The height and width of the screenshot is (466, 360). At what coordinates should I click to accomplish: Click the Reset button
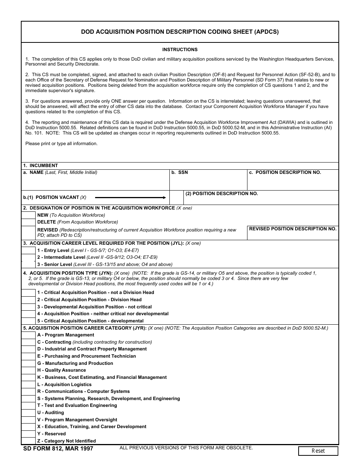pyautogui.click(x=318, y=451)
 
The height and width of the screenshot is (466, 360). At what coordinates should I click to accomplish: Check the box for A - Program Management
pyautogui.click(x=28, y=335)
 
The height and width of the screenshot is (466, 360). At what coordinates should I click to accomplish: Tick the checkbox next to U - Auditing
pyautogui.click(x=28, y=413)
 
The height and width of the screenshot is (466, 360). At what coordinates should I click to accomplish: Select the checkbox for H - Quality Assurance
pyautogui.click(x=28, y=370)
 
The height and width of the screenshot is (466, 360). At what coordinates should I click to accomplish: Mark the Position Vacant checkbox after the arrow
pyautogui.click(x=177, y=197)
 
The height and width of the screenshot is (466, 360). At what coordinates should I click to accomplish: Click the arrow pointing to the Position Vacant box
pyautogui.click(x=130, y=197)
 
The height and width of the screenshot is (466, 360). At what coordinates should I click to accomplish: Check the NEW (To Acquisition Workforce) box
pyautogui.click(x=28, y=215)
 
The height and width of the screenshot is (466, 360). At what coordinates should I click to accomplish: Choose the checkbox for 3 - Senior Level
pyautogui.click(x=28, y=264)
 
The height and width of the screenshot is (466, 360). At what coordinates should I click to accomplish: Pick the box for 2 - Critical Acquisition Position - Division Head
pyautogui.click(x=28, y=300)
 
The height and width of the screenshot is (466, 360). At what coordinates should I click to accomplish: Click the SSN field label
pyautogui.click(x=183, y=172)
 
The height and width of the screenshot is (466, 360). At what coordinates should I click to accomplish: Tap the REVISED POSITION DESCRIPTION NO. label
pyautogui.click(x=293, y=229)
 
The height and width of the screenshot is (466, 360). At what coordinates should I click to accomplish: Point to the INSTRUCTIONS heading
pyautogui.click(x=180, y=50)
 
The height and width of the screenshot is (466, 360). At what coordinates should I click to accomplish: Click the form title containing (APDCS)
pyautogui.click(x=180, y=32)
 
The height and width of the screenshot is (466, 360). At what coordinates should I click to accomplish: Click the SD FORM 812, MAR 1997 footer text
pyautogui.click(x=58, y=449)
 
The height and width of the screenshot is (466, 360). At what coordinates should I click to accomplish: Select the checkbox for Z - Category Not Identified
pyautogui.click(x=28, y=441)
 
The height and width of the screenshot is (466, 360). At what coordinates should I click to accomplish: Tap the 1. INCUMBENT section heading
pyautogui.click(x=40, y=166)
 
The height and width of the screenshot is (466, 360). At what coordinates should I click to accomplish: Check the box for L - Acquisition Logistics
pyautogui.click(x=28, y=385)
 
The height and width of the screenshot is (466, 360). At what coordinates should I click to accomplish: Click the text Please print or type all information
pyautogui.click(x=61, y=144)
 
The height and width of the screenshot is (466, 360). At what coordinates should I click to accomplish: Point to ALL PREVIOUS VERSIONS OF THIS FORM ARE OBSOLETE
pyautogui.click(x=186, y=448)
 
